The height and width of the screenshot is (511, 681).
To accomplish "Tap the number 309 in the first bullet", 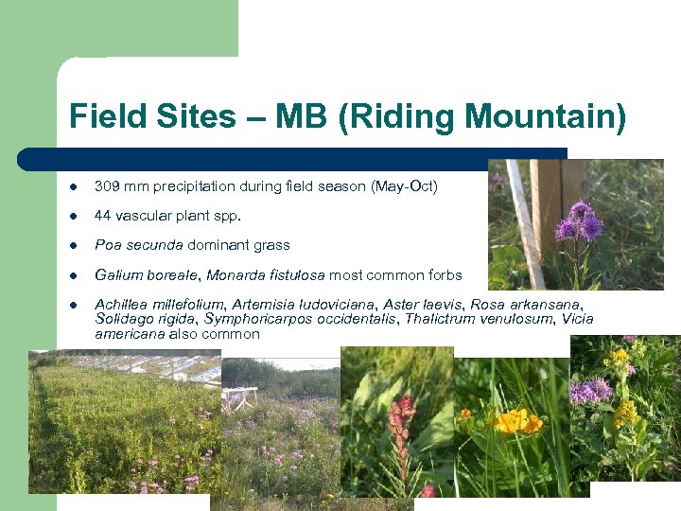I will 107,186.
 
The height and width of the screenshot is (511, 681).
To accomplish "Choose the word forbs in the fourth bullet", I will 444,274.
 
